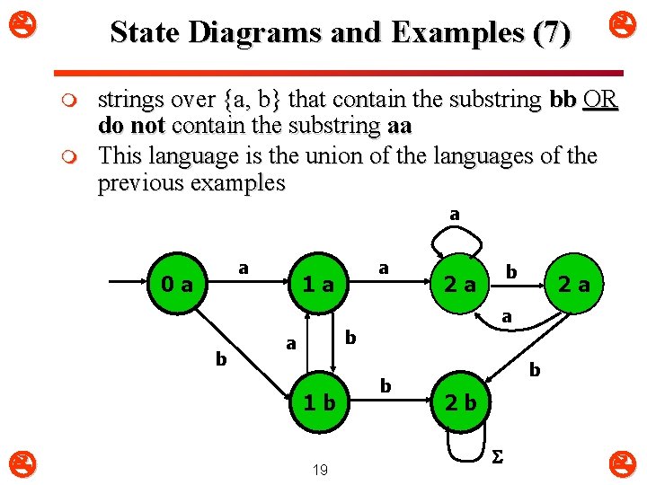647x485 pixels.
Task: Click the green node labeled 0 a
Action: [175, 285]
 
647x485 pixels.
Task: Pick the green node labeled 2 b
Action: [460, 402]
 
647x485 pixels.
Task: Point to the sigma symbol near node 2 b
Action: [496, 457]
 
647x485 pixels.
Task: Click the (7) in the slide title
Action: [550, 33]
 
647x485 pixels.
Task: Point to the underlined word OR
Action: [599, 99]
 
